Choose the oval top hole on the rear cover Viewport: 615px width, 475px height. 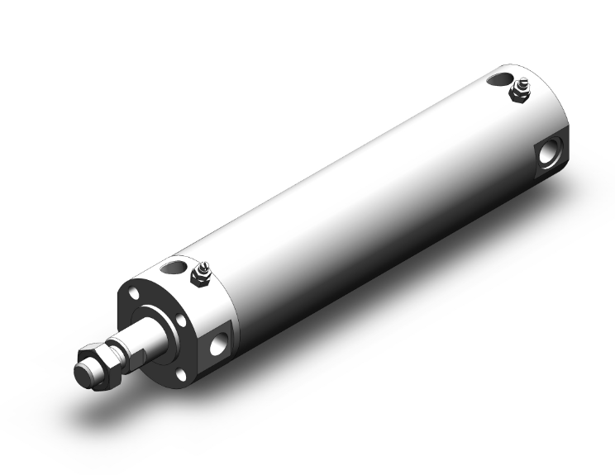coord(499,79)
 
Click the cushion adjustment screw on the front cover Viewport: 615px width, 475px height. coord(200,273)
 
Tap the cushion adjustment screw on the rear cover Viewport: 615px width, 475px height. coord(522,88)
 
